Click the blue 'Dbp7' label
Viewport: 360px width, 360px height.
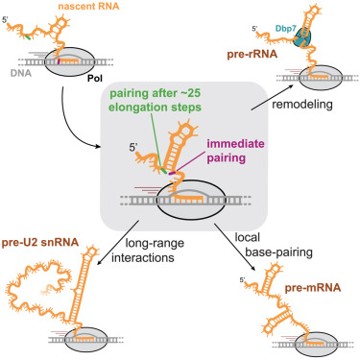(302, 30)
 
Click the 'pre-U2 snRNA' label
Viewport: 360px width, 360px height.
(46, 235)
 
